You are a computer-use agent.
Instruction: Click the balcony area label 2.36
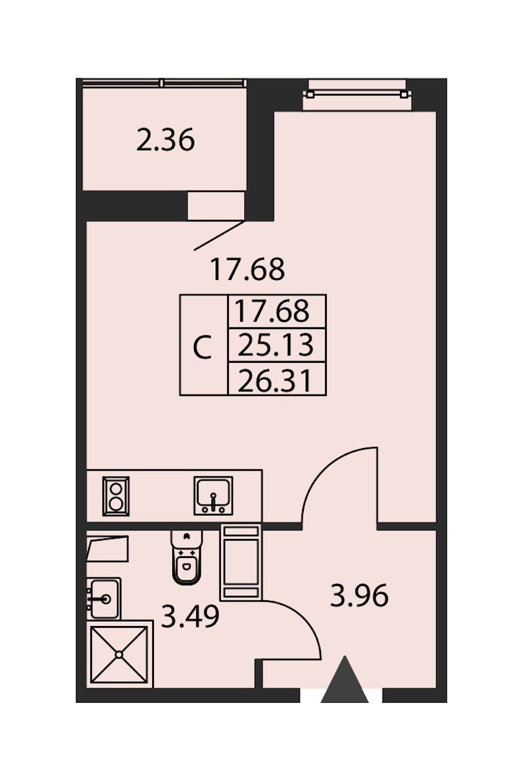(165, 140)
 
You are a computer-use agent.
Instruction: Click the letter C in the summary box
(203, 347)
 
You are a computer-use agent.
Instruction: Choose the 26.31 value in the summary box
(275, 381)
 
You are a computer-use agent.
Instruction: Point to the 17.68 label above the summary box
(248, 269)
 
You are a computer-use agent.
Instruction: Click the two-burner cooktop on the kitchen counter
(116, 496)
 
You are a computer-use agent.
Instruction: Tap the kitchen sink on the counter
(213, 496)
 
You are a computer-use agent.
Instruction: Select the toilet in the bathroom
(187, 557)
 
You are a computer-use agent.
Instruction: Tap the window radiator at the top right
(357, 94)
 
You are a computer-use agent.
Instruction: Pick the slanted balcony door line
(219, 235)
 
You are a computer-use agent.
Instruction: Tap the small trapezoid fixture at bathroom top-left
(108, 548)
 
